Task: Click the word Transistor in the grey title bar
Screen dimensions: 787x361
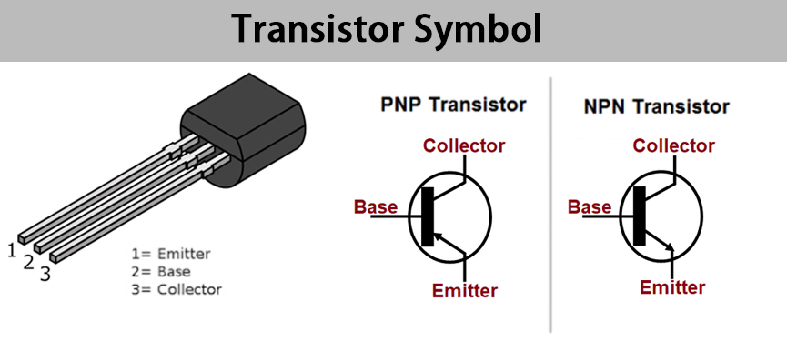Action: pyautogui.click(x=318, y=29)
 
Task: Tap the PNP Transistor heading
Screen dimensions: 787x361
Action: pyautogui.click(x=453, y=105)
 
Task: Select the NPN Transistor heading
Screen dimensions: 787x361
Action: pyautogui.click(x=657, y=106)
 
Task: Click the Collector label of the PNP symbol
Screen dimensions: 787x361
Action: pyautogui.click(x=464, y=145)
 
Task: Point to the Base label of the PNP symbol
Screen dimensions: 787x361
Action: pyautogui.click(x=376, y=206)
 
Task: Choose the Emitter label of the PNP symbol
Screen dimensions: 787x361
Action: pyautogui.click(x=465, y=290)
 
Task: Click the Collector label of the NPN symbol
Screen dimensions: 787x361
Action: pyautogui.click(x=673, y=145)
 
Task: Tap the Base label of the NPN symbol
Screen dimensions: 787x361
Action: pyautogui.click(x=590, y=206)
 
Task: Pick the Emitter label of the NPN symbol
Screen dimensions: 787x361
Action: pyautogui.click(x=672, y=287)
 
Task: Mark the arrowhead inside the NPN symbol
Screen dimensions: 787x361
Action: pyautogui.click(x=669, y=246)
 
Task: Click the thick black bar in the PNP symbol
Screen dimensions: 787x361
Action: pyautogui.click(x=427, y=216)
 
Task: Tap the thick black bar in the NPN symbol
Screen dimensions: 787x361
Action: pyautogui.click(x=639, y=216)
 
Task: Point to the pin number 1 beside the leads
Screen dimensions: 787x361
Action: pyautogui.click(x=12, y=250)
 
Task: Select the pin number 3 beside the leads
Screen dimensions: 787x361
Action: pyautogui.click(x=45, y=274)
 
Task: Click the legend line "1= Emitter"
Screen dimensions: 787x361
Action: pyautogui.click(x=171, y=254)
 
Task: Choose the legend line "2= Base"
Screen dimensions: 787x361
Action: pyautogui.click(x=161, y=272)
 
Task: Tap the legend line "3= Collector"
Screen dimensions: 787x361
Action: pyautogui.click(x=177, y=289)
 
